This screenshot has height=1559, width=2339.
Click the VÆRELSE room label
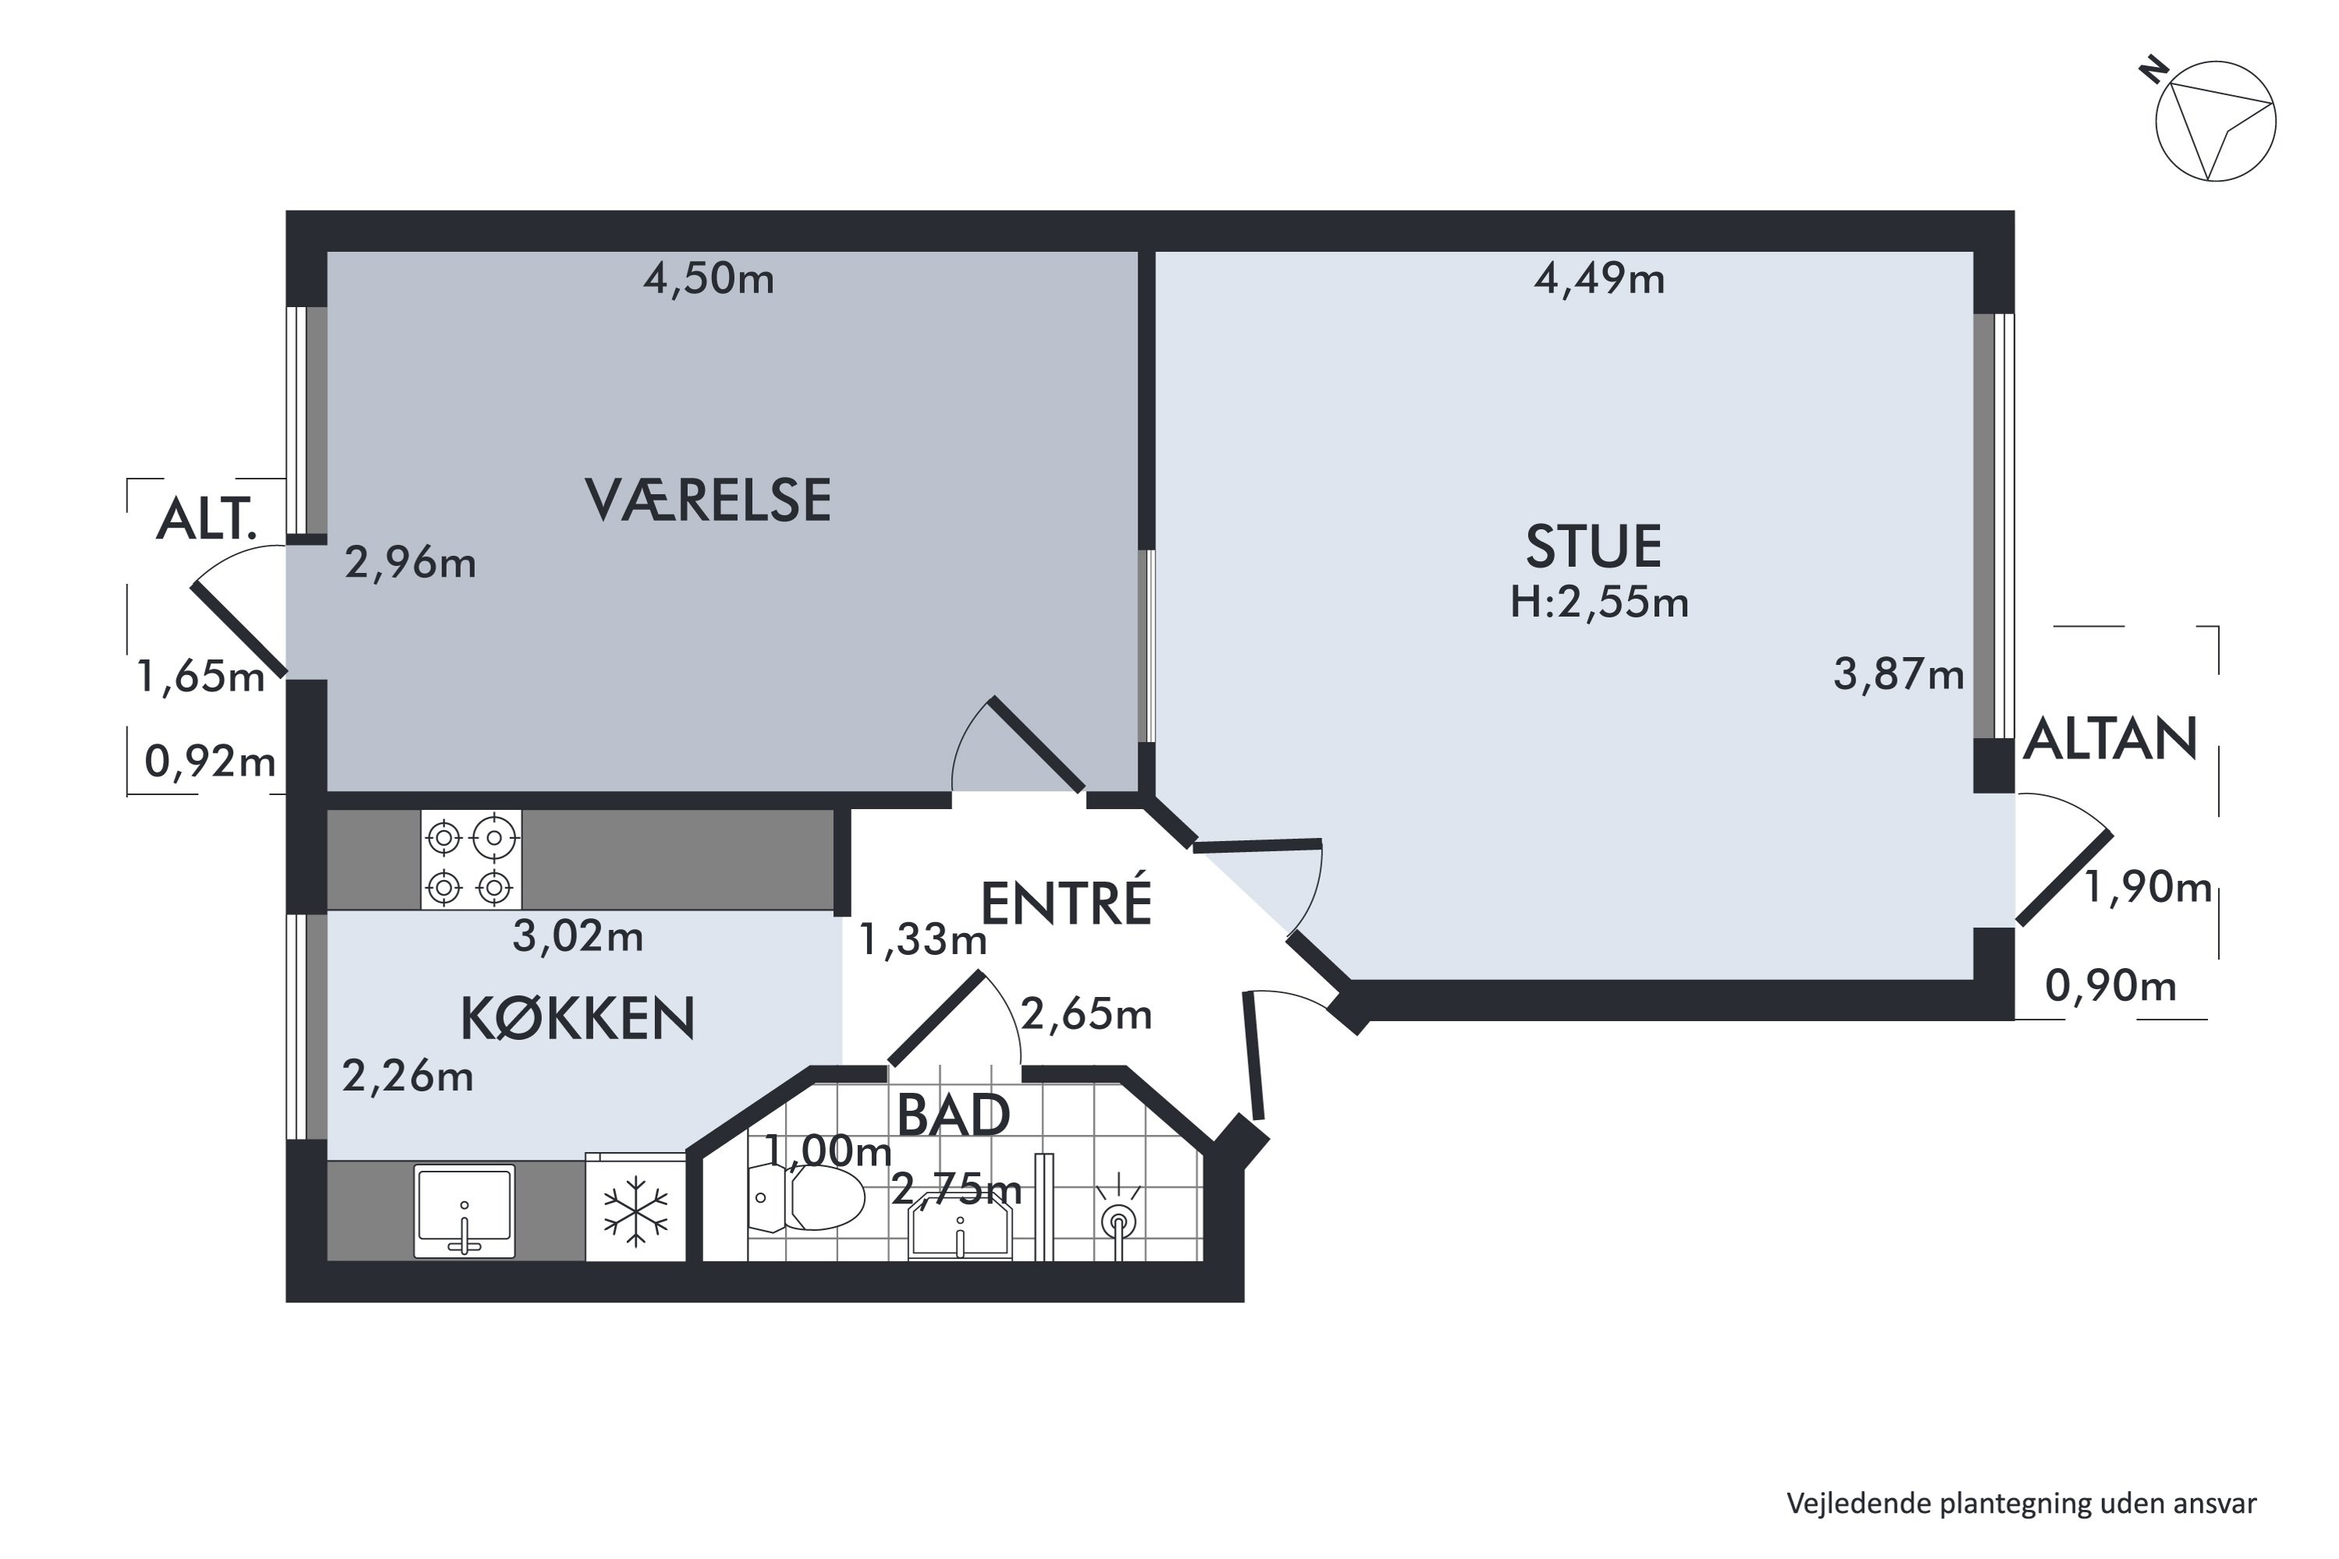click(707, 500)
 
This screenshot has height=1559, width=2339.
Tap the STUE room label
click(1593, 546)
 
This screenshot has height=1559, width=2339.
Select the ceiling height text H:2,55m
click(1598, 603)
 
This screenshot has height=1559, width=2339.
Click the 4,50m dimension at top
click(708, 279)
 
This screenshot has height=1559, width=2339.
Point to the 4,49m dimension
click(1598, 279)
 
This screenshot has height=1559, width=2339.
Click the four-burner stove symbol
click(470, 860)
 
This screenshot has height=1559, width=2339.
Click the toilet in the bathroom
click(808, 1198)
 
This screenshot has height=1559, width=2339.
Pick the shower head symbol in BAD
click(1119, 1217)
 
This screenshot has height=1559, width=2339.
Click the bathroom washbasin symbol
click(960, 1231)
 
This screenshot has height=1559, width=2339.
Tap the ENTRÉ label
click(1066, 903)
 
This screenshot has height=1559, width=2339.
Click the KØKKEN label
click(577, 1019)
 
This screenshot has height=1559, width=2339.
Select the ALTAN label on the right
click(2111, 739)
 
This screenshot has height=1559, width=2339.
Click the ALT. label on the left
click(207, 519)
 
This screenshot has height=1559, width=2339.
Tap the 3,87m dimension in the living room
click(1898, 675)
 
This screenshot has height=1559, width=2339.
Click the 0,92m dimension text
click(210, 762)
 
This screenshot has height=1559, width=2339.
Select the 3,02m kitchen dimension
click(578, 937)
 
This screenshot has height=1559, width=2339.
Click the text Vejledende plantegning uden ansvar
click(2021, 1504)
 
